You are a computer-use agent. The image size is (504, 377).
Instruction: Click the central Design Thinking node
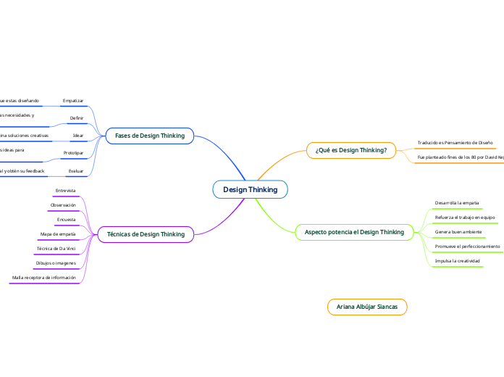point(250,189)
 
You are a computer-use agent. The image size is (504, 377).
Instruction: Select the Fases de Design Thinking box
point(150,136)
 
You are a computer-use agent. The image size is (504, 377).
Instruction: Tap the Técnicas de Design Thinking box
point(146,234)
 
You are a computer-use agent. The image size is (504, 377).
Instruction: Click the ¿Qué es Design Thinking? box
point(351,150)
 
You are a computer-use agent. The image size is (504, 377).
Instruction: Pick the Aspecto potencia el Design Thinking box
point(354,232)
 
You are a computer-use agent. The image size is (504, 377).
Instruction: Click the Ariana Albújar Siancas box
point(367,307)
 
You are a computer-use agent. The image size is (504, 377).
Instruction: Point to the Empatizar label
point(73,100)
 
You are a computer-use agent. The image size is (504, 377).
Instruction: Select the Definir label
point(77,117)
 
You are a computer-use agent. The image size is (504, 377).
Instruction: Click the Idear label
point(78,136)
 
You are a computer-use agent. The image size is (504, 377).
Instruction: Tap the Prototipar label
point(74,153)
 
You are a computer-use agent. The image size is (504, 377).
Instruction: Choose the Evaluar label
point(75,171)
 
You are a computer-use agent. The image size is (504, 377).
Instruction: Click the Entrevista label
point(65,191)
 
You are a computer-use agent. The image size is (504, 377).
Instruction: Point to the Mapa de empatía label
point(58,234)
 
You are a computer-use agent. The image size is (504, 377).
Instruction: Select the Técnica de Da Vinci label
point(56,249)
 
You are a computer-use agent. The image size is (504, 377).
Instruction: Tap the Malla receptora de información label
point(43,278)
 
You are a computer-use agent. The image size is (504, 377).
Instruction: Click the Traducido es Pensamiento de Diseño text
point(455,143)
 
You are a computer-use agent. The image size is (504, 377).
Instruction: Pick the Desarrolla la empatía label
point(456,203)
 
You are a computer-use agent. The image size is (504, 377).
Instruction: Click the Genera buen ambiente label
point(458,232)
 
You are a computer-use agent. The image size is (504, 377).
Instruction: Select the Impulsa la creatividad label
point(457,260)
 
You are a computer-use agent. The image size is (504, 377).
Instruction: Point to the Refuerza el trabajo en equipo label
point(464,217)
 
